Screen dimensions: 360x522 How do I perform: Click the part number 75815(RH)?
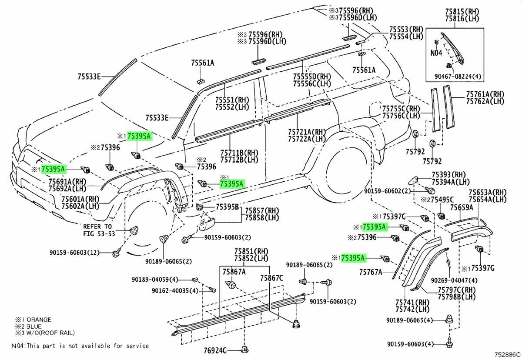(x=454, y=9)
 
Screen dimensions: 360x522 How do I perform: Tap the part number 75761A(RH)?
(x=485, y=94)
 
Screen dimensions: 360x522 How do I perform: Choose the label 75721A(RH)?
(x=307, y=132)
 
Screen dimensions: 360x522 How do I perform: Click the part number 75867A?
(x=234, y=271)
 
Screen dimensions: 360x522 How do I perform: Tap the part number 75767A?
(x=371, y=272)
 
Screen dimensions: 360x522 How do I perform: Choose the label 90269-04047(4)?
(x=454, y=280)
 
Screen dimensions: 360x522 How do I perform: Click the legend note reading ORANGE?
(x=31, y=320)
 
